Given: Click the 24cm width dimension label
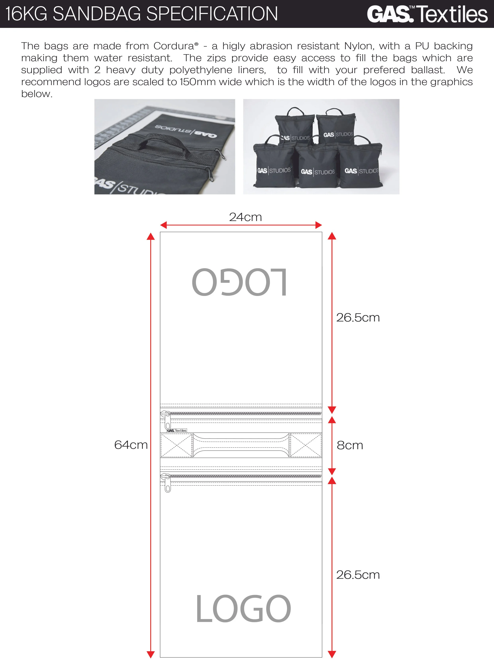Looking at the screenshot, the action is click(245, 217).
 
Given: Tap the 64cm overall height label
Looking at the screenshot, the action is click(131, 445).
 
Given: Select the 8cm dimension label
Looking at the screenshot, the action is click(350, 445).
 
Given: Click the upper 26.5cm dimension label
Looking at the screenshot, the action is click(358, 317).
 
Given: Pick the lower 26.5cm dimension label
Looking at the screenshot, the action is click(358, 575).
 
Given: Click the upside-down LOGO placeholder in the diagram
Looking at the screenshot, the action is click(239, 282).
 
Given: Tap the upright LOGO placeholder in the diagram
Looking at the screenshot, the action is click(243, 608).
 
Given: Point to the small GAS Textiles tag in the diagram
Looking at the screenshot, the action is click(177, 430).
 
